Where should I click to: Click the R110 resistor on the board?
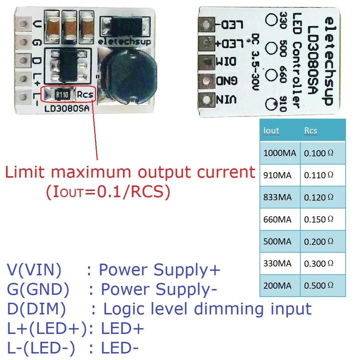pos(62,94)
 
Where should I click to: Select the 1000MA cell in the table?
pos(279,153)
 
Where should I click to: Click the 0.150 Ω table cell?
pos(319,219)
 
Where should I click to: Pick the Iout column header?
pos(271,130)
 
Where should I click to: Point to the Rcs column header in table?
pos(311,130)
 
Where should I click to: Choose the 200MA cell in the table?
pos(277,285)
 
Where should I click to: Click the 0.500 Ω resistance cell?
pos(319,285)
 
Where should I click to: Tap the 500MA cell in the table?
pos(277,241)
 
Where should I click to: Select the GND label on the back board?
pos(226,81)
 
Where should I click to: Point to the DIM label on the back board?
pos(226,62)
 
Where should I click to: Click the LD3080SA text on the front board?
pos(67,109)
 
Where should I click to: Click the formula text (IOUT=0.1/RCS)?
pos(108,192)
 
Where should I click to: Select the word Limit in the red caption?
pos(26,172)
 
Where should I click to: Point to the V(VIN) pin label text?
pos(34,270)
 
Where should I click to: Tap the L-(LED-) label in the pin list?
pos(41,349)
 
